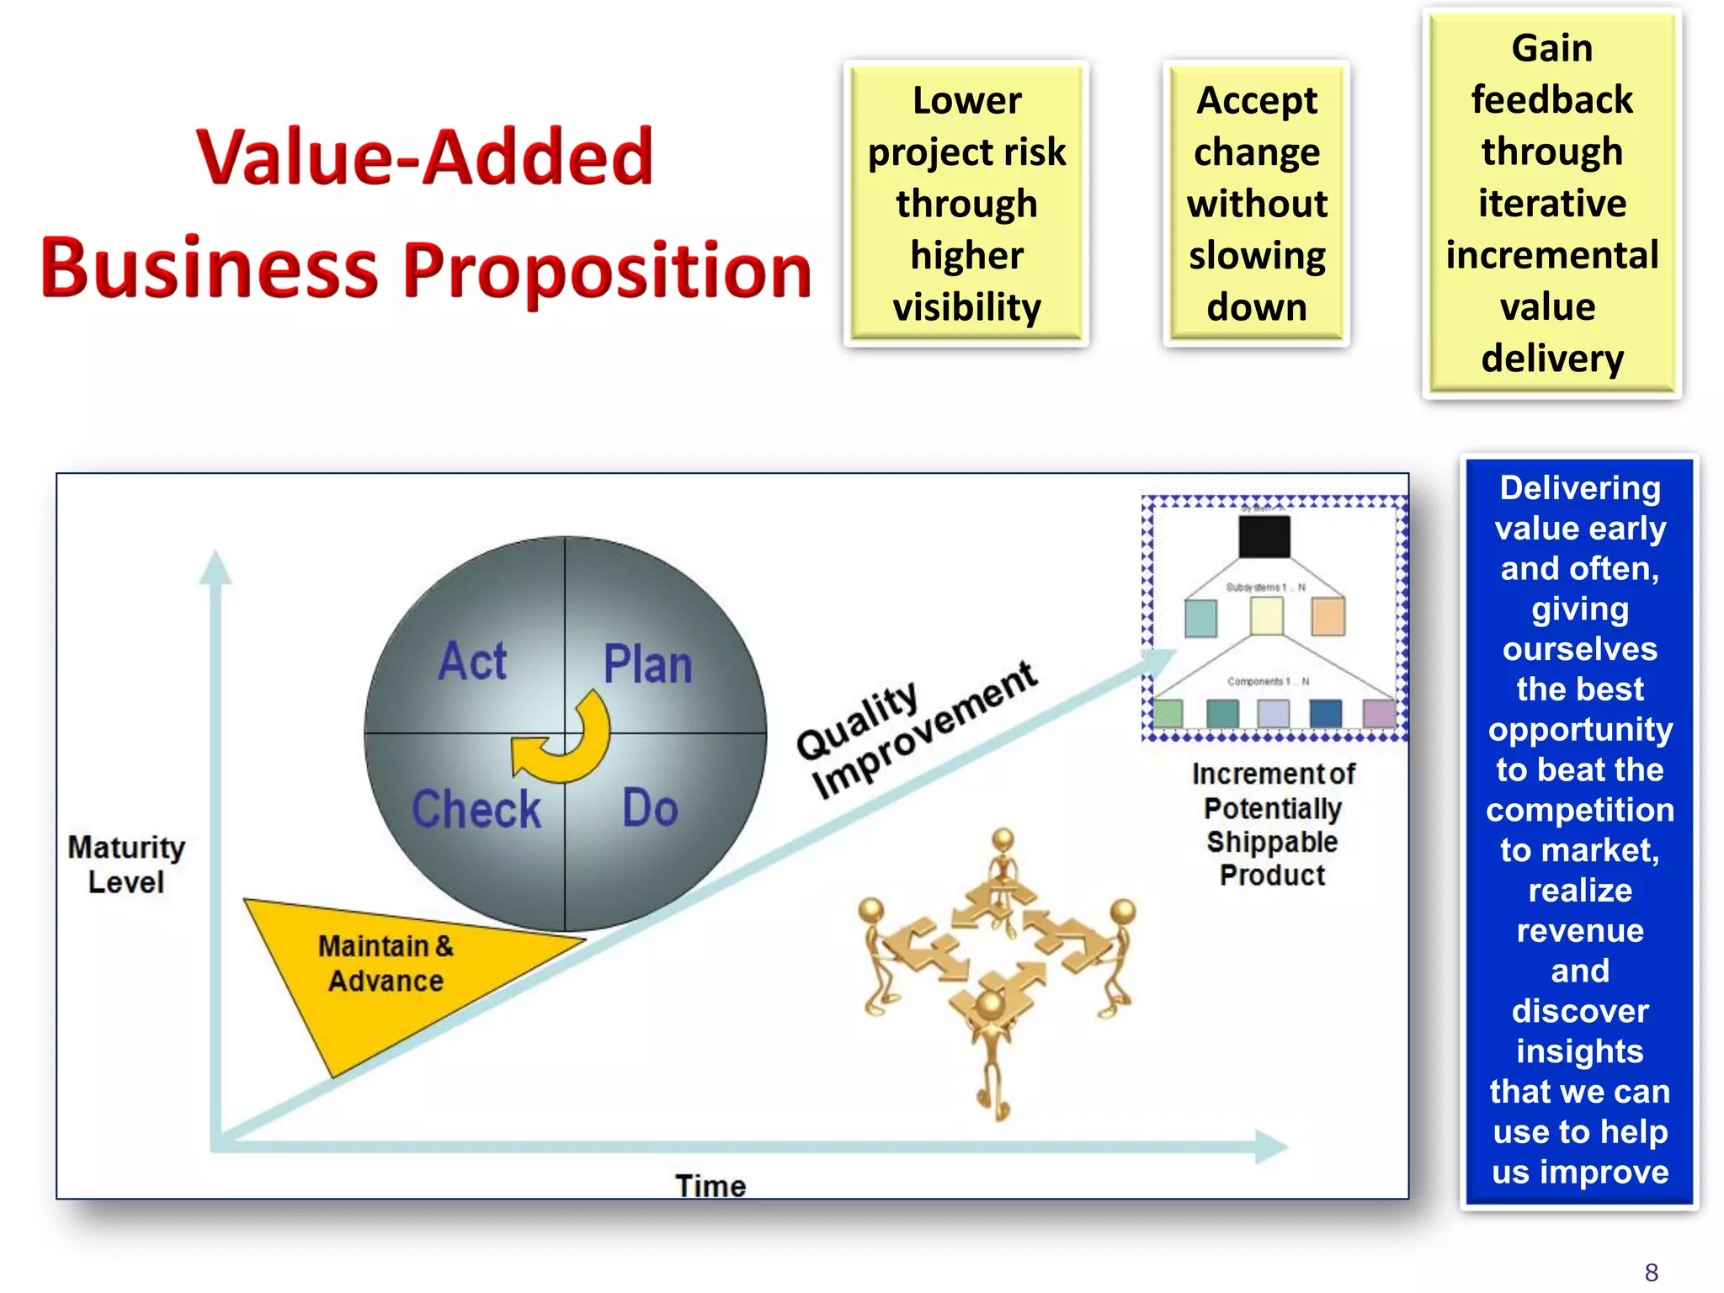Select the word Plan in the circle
click(x=647, y=664)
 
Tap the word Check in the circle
click(x=476, y=809)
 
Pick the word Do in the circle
click(x=650, y=808)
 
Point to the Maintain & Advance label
click(x=386, y=964)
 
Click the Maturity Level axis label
click(x=126, y=865)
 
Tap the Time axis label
click(x=710, y=1185)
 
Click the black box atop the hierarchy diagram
click(x=1264, y=537)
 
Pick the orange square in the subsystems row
click(x=1328, y=616)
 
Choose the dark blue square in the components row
click(x=1326, y=713)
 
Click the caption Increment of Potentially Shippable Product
click(x=1273, y=824)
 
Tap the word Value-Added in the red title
click(x=425, y=157)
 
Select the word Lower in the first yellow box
click(x=966, y=101)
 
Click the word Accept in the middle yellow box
click(x=1257, y=101)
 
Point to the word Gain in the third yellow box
click(x=1551, y=48)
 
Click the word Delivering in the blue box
click(x=1579, y=488)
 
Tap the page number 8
click(x=1651, y=1271)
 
